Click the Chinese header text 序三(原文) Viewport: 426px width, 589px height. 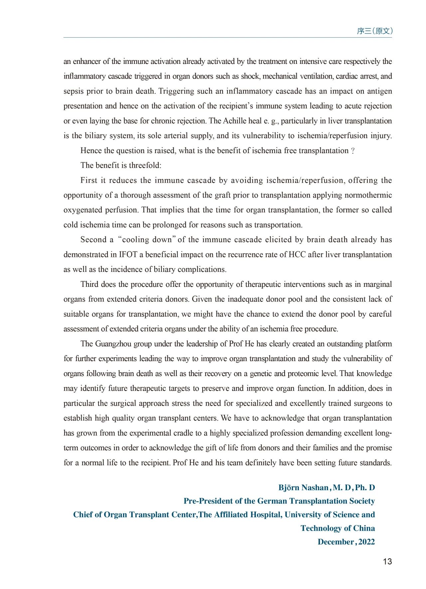(x=375, y=31)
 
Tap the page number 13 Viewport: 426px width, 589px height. (x=387, y=561)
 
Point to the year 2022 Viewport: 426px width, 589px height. (x=367, y=542)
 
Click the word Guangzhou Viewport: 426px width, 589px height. (x=113, y=344)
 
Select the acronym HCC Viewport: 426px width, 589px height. (x=297, y=255)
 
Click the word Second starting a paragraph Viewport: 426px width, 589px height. (x=93, y=240)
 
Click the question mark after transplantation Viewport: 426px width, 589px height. (x=353, y=151)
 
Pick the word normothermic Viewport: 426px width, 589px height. (x=368, y=195)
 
